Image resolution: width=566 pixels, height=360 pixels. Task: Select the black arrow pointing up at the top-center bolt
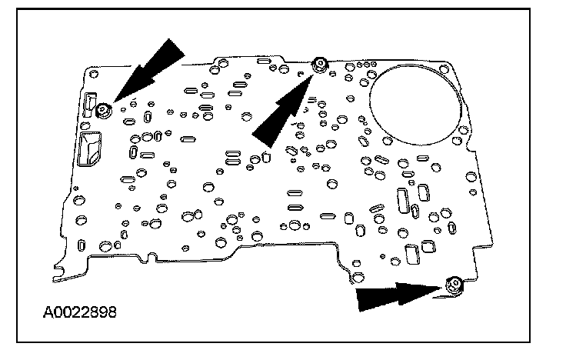coord(283,108)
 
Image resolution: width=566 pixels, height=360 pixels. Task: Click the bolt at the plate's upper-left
coord(105,112)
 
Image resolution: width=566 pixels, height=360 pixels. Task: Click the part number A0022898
coord(80,313)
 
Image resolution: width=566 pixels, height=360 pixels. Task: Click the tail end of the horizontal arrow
coord(359,300)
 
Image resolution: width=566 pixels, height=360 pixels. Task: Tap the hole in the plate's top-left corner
coord(92,75)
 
